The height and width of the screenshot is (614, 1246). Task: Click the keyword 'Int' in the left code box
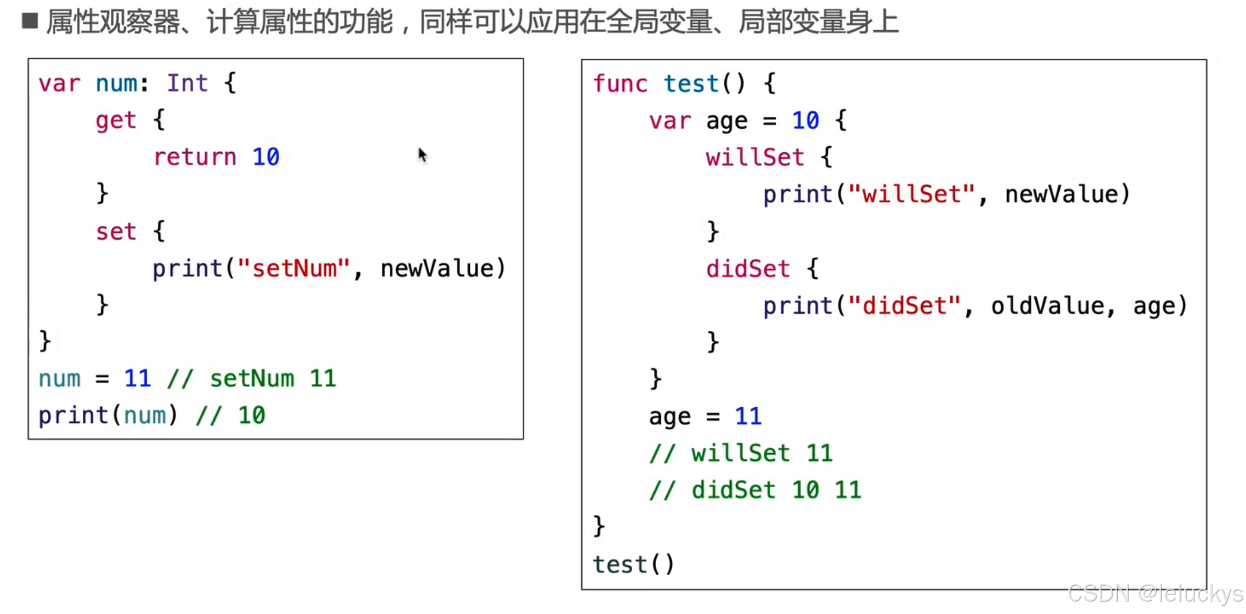pos(187,83)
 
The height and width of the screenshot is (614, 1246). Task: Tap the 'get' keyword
pos(115,121)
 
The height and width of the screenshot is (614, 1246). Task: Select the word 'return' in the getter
pos(195,158)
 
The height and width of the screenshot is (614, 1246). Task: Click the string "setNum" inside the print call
pos(294,269)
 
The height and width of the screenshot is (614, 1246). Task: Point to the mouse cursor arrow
pos(422,155)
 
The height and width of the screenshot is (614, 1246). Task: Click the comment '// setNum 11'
pos(252,378)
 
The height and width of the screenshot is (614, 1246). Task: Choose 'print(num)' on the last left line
pos(108,416)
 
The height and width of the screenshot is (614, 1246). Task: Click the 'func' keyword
pos(620,84)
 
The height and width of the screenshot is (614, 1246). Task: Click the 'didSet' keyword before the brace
pos(747,269)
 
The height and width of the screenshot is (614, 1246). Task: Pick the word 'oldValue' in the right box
pos(1047,306)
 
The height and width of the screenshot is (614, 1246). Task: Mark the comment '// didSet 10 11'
pos(755,491)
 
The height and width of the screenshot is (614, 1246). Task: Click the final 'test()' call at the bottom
pos(633,565)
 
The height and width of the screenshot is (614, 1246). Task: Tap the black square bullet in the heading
pos(30,21)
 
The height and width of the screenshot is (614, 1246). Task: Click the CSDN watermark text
pos(1155,594)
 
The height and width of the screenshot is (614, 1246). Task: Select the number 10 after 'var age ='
pos(805,121)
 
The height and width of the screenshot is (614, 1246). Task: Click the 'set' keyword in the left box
pos(115,232)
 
